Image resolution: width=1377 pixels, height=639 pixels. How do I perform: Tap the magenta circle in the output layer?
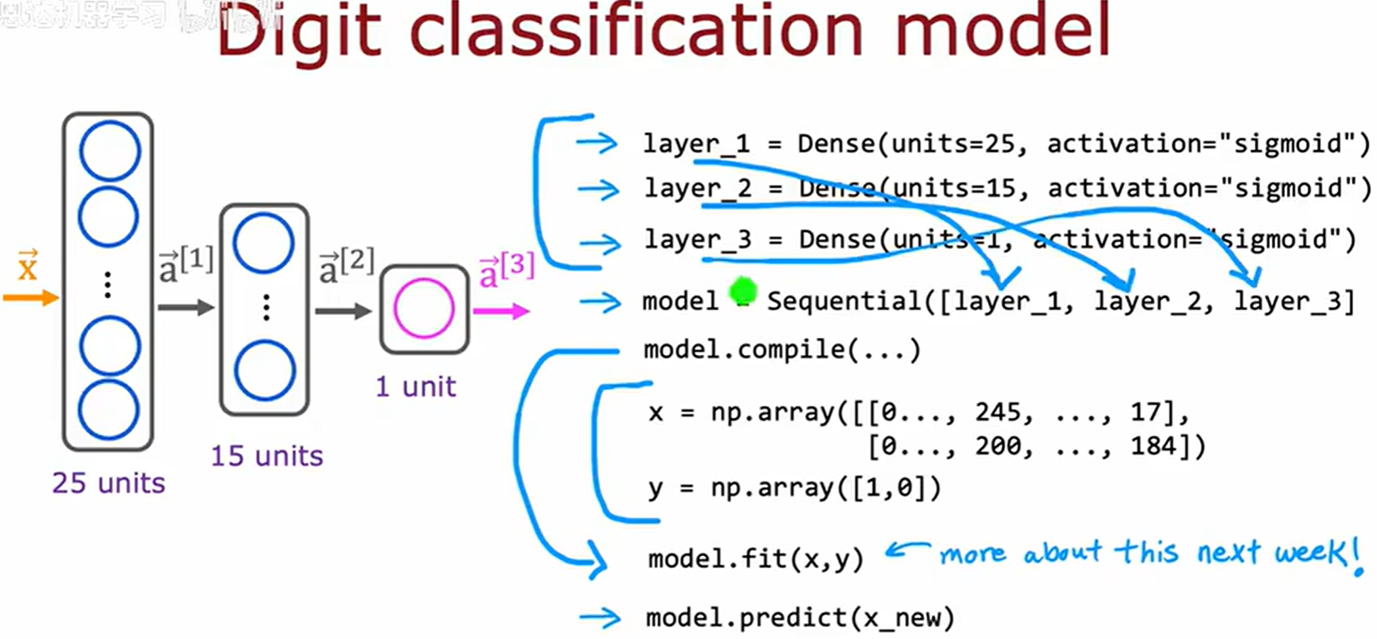(x=424, y=308)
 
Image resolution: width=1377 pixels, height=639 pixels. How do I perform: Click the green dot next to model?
(x=743, y=290)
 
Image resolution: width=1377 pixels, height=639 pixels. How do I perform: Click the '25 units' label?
(x=108, y=483)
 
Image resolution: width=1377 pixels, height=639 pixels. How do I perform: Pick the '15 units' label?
(x=267, y=456)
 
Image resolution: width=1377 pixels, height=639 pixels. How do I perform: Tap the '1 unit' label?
(x=415, y=387)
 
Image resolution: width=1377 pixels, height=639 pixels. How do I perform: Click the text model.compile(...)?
(x=782, y=350)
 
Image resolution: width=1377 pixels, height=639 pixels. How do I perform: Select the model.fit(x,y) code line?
(x=755, y=559)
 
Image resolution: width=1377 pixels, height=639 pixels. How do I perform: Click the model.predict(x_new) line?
(x=799, y=617)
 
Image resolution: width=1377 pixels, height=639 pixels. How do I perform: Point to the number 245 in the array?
(x=998, y=412)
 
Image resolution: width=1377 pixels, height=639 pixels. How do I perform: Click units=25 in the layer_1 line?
(x=953, y=143)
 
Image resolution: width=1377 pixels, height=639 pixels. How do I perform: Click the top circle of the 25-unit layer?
(x=110, y=151)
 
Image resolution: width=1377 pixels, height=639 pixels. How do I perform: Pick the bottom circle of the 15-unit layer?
(x=265, y=370)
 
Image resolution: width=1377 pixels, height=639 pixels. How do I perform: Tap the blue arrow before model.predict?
(x=599, y=617)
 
